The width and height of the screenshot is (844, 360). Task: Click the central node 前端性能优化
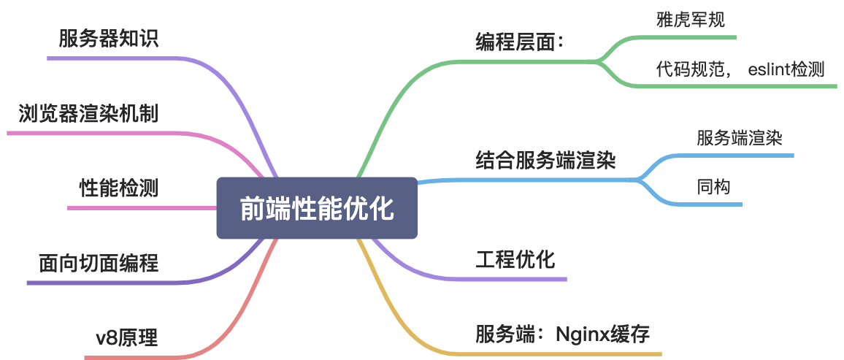[x=317, y=208]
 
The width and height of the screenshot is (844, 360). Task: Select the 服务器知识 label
[x=109, y=39]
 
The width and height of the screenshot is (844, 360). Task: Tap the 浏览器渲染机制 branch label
[x=88, y=114]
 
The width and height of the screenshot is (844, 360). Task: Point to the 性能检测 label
[x=118, y=188]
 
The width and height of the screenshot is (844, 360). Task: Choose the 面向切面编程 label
[x=99, y=263]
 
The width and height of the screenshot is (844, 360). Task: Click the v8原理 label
[x=126, y=338]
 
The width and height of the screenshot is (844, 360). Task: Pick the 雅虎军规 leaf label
[x=691, y=20]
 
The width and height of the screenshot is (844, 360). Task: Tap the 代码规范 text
[x=690, y=70]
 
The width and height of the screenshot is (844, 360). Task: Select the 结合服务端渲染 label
[x=545, y=160]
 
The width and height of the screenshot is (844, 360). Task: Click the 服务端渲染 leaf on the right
[x=740, y=138]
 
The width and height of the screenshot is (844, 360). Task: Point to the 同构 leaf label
[x=713, y=188]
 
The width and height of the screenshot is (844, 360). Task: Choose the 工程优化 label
[x=515, y=259]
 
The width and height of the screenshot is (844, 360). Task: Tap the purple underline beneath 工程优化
[x=511, y=279]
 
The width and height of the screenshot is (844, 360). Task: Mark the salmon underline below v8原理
[x=131, y=357]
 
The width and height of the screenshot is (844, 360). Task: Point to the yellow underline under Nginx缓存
[x=584, y=354]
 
